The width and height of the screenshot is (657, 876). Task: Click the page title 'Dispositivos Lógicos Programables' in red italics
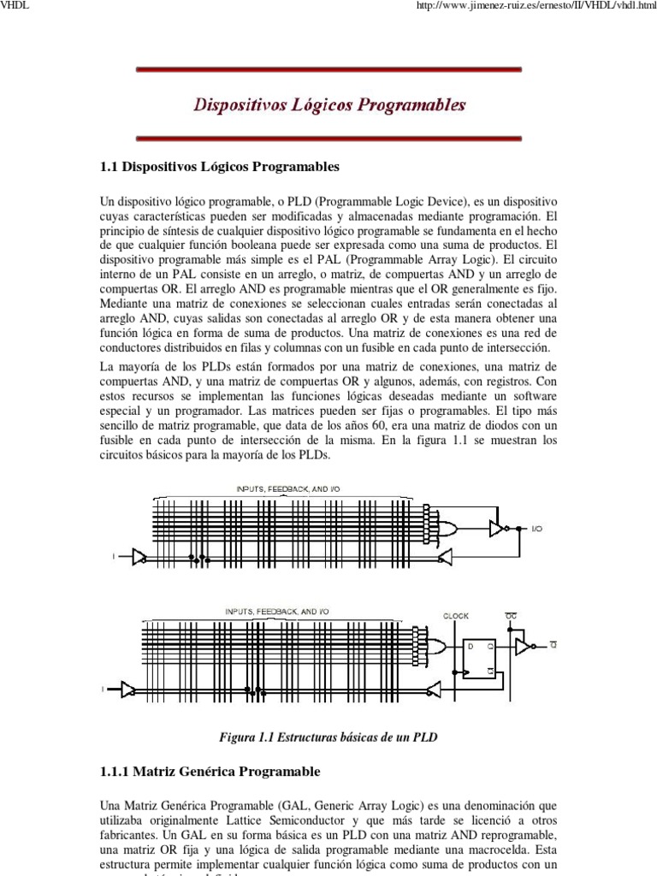(329, 105)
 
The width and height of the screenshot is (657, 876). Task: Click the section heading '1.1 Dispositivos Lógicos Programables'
(220, 166)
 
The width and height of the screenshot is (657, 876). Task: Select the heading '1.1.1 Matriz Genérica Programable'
(210, 772)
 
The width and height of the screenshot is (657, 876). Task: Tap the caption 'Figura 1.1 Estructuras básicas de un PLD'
(328, 737)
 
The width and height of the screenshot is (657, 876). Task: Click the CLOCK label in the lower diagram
(456, 615)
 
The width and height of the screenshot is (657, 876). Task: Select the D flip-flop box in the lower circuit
(477, 658)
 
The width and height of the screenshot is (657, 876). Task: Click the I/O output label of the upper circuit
(536, 530)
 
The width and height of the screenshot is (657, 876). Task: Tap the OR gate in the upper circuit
(446, 529)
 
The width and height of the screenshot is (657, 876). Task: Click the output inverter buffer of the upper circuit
(496, 529)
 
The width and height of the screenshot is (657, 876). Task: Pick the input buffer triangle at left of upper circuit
(138, 557)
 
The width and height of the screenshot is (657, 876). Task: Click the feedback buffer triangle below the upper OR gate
(444, 557)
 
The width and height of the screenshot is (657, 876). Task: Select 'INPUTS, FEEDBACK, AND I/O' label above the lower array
(276, 612)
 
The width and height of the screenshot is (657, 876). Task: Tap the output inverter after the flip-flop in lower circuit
(523, 648)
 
